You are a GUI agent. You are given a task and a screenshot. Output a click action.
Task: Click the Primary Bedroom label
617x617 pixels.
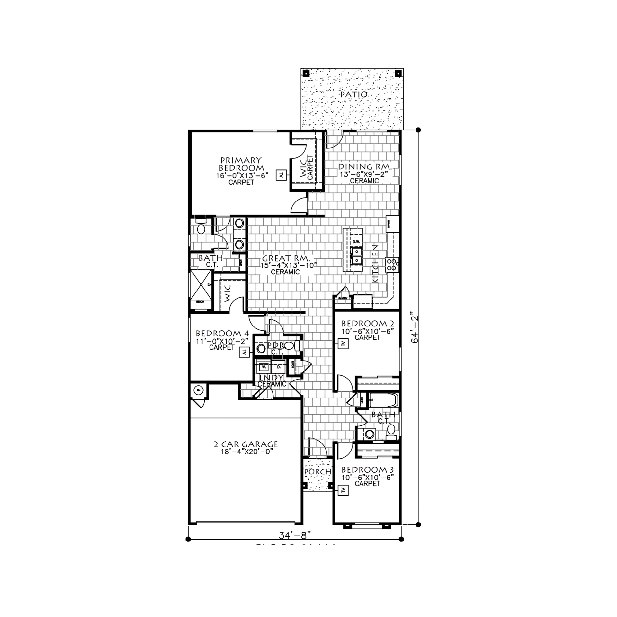(241, 164)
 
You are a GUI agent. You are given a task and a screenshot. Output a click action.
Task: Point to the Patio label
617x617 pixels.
(354, 95)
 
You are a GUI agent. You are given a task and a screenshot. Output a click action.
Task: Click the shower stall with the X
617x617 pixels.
(201, 286)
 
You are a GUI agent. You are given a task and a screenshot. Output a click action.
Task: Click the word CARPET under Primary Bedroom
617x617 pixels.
(241, 182)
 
